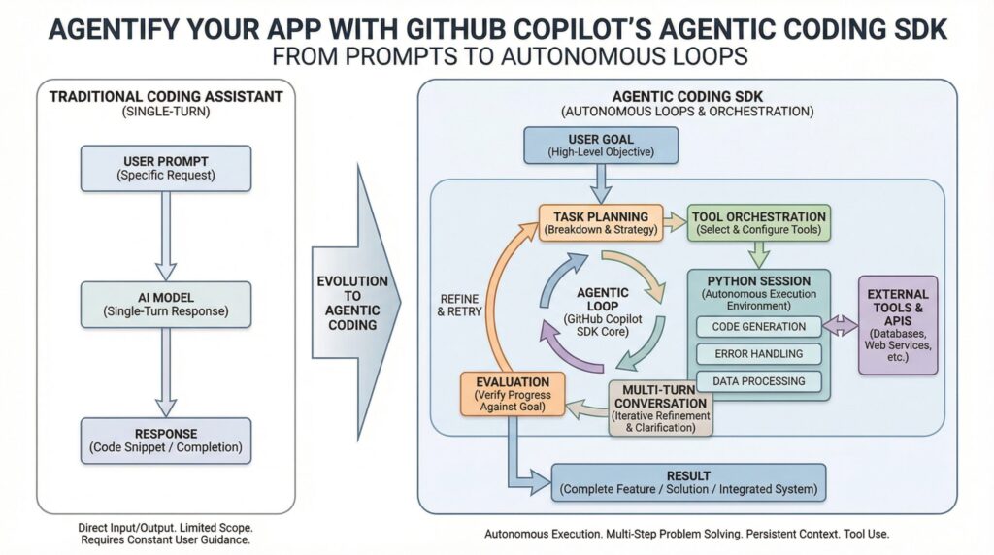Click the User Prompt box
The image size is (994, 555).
point(166,168)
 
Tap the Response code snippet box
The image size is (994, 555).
point(166,441)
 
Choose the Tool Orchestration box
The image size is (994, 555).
point(759,223)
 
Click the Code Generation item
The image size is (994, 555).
point(759,327)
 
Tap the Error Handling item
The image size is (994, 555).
point(759,354)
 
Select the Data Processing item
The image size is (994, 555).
point(759,381)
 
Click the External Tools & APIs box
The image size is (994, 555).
point(898,324)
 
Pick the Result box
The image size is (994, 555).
point(688,482)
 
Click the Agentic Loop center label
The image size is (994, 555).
point(603,310)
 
